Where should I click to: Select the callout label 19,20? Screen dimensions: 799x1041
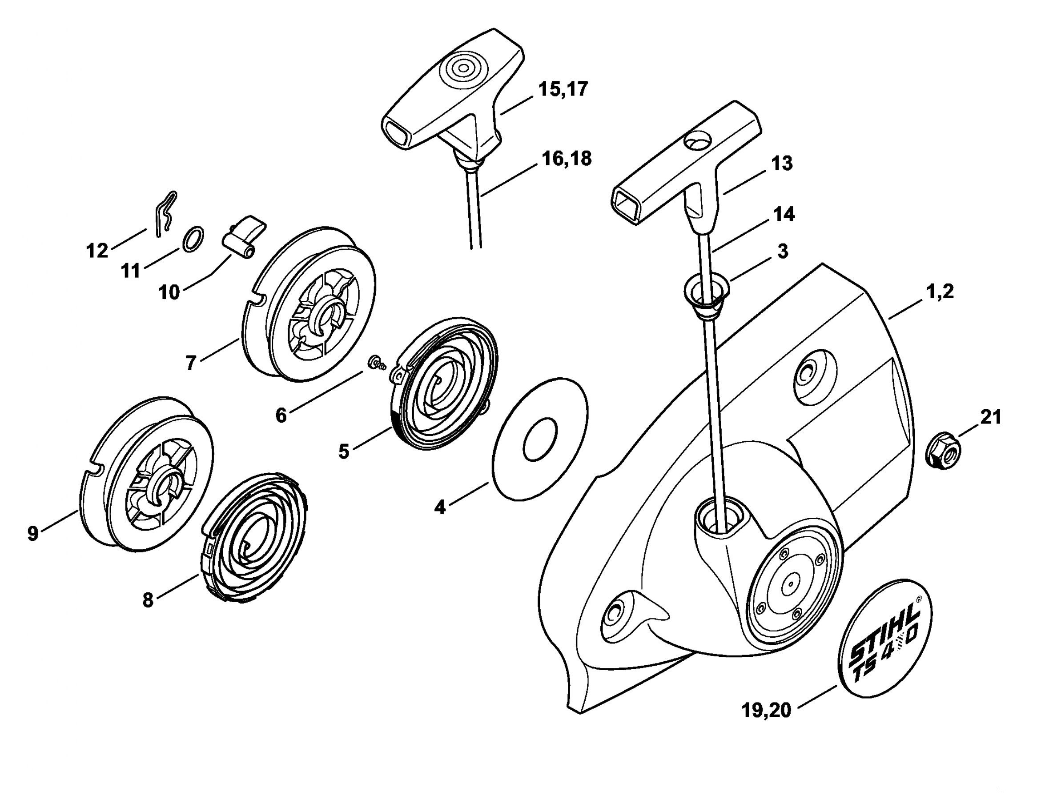[x=767, y=711]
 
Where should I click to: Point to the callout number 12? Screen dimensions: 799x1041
[x=97, y=251]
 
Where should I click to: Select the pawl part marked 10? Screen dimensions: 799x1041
[x=244, y=236]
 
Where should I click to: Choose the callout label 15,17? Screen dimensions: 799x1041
[x=563, y=89]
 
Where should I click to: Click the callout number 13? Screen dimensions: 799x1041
[x=782, y=164]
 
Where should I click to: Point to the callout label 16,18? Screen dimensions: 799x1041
[x=567, y=158]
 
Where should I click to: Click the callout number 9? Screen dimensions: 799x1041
[x=32, y=534]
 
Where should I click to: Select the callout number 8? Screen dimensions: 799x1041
[x=148, y=600]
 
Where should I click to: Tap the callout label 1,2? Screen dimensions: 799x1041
[x=940, y=292]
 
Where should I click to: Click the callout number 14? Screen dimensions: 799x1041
[x=784, y=215]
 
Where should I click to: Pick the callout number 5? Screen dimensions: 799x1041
[x=343, y=451]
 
